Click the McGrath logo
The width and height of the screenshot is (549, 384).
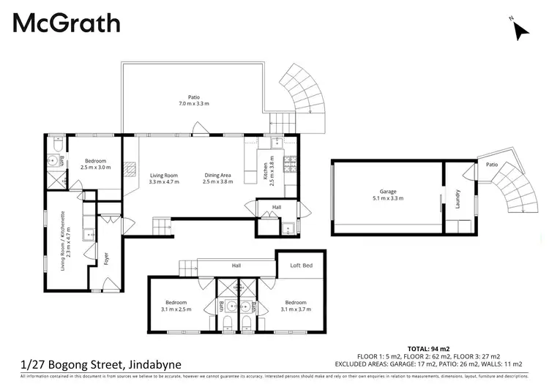pyautogui.click(x=66, y=23)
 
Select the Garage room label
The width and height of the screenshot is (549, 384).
pyautogui.click(x=387, y=195)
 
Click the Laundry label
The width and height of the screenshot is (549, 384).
pyautogui.click(x=457, y=200)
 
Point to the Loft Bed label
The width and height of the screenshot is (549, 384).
pyautogui.click(x=302, y=266)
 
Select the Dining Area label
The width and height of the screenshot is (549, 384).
pyautogui.click(x=217, y=178)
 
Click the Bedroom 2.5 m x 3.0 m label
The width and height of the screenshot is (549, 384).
pyautogui.click(x=95, y=164)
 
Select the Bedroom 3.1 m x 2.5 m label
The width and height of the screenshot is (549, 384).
pyautogui.click(x=176, y=306)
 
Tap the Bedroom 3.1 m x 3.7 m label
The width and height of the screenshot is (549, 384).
pyautogui.click(x=296, y=306)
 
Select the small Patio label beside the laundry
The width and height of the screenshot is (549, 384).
pyautogui.click(x=492, y=165)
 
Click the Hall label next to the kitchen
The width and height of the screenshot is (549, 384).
pyautogui.click(x=277, y=208)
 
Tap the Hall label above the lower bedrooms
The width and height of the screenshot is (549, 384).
pyautogui.click(x=236, y=266)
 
